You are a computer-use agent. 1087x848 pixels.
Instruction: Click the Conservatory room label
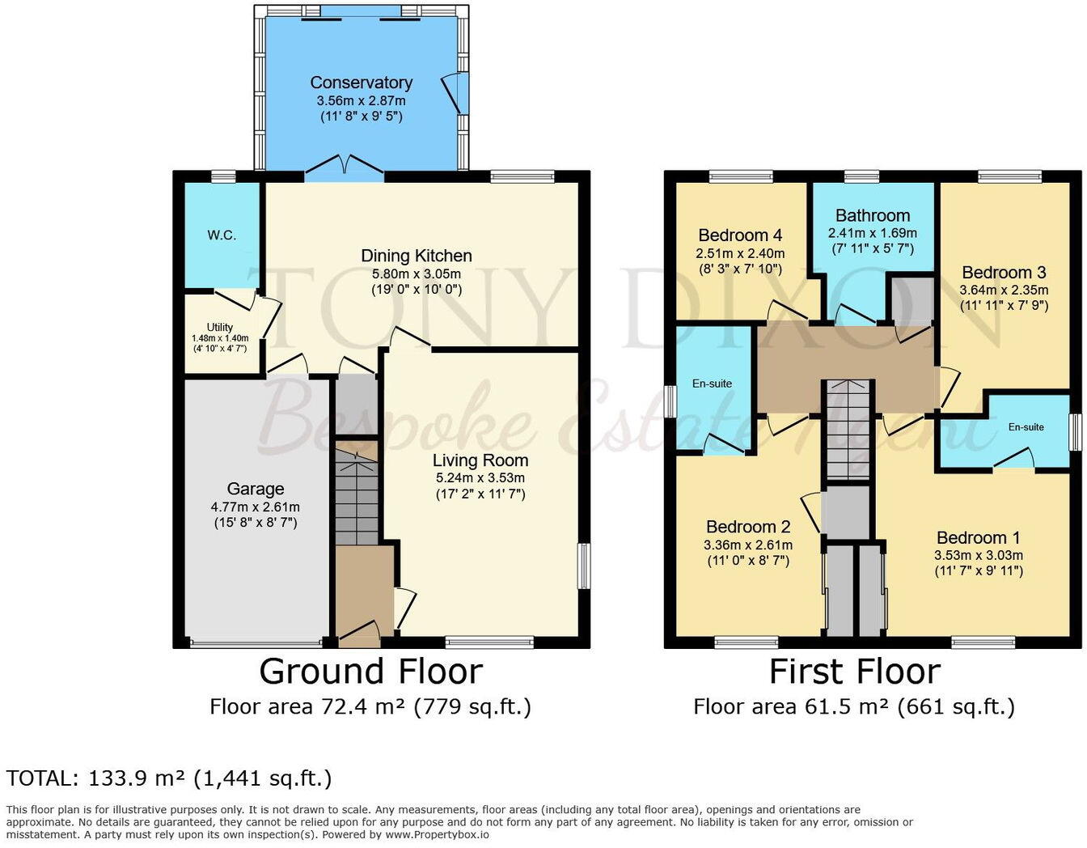point(361,83)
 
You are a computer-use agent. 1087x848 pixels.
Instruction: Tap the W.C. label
point(222,235)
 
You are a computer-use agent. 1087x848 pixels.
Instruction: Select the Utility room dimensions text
point(220,343)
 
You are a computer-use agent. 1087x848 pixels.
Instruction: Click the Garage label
point(256,489)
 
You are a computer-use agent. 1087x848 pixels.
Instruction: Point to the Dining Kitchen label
point(417,256)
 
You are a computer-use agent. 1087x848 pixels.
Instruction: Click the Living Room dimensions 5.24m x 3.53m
point(480,477)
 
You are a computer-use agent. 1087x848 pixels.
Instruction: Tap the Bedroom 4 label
point(740,235)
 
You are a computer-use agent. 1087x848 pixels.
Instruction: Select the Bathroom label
point(873,215)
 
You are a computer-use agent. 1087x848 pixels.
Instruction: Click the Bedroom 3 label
point(1004,273)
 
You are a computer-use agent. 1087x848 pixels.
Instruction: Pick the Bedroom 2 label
point(748,527)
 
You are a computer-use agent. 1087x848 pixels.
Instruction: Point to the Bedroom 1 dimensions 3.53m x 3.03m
point(979,555)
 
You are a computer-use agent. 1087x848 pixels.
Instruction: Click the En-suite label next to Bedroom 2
point(712,384)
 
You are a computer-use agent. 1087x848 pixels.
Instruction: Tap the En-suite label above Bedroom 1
point(1026,427)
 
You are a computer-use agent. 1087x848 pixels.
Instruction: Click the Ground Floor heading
point(370,672)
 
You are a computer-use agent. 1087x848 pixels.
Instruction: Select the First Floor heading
point(854,672)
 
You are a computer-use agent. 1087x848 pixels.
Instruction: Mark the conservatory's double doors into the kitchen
point(345,164)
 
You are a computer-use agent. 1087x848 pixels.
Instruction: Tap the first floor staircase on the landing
point(848,429)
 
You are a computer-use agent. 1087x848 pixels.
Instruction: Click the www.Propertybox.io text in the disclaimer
point(437,834)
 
